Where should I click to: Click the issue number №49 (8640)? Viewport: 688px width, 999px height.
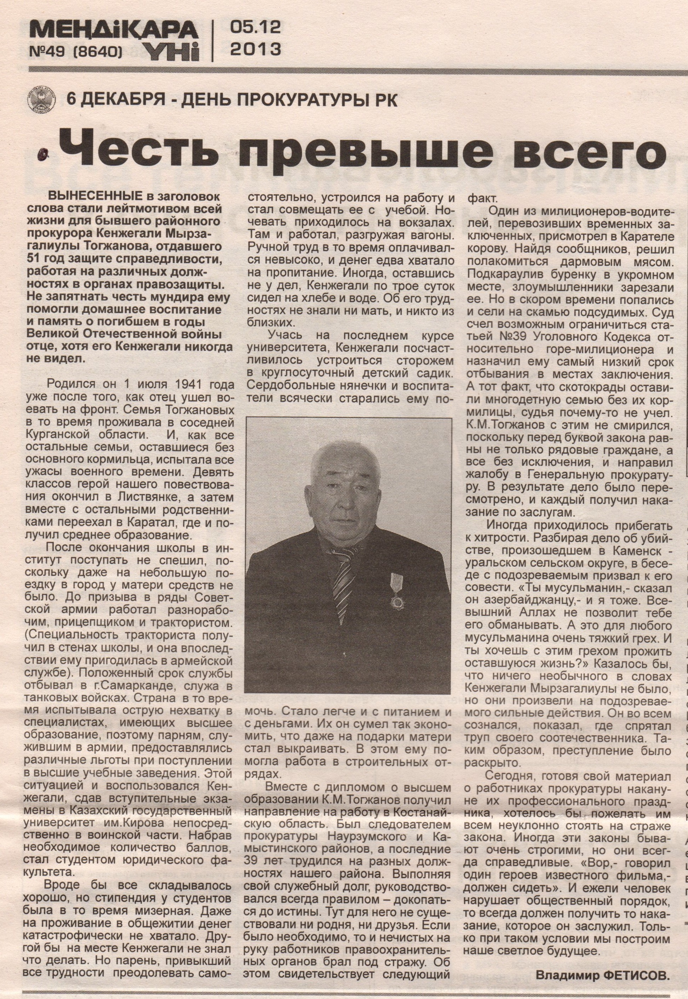tap(76, 52)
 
